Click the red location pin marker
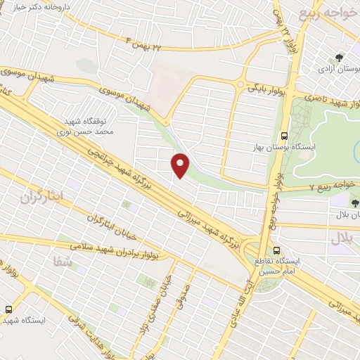point(181,165)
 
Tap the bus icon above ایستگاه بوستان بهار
point(284,135)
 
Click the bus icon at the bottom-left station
point(9,309)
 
